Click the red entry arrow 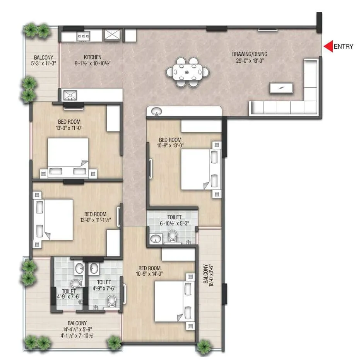(328, 46)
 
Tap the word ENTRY (343, 47)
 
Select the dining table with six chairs (188, 72)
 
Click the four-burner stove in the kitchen (84, 36)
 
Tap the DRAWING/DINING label (250, 54)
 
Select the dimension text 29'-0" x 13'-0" (250, 60)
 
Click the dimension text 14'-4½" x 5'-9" (77, 329)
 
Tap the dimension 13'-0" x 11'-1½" (96, 220)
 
